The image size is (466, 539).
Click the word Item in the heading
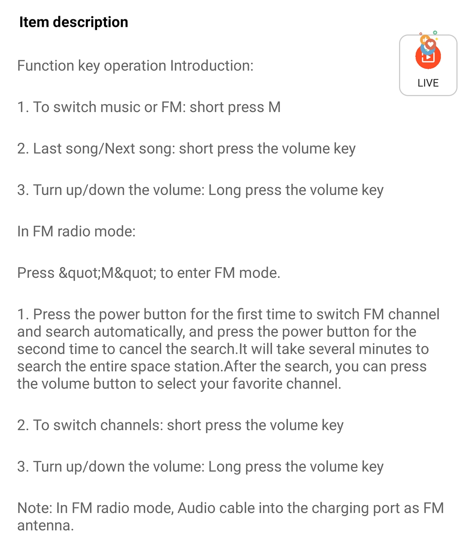pyautogui.click(x=34, y=22)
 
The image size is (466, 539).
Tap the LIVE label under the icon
pyautogui.click(x=428, y=83)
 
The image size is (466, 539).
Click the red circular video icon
pyautogui.click(x=428, y=57)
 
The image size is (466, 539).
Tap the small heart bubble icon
pyautogui.click(x=430, y=44)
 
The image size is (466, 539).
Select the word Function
pyautogui.click(x=46, y=65)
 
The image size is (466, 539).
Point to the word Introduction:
pyautogui.click(x=212, y=65)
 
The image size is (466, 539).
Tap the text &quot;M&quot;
pyautogui.click(x=107, y=273)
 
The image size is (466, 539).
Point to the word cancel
pyautogui.click(x=140, y=349)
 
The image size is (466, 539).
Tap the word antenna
pyautogui.click(x=45, y=526)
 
